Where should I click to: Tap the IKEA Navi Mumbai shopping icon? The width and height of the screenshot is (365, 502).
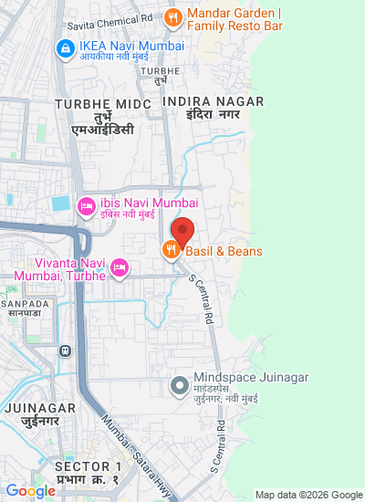pyautogui.click(x=66, y=47)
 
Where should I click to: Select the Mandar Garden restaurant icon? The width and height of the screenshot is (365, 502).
pyautogui.click(x=172, y=16)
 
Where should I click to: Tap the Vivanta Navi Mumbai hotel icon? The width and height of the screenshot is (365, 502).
pyautogui.click(x=119, y=267)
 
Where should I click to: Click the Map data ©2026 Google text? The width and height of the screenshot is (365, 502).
pyautogui.click(x=308, y=495)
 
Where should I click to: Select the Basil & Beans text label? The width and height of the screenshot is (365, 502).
pyautogui.click(x=224, y=251)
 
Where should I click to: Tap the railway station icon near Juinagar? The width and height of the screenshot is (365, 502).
pyautogui.click(x=65, y=350)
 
